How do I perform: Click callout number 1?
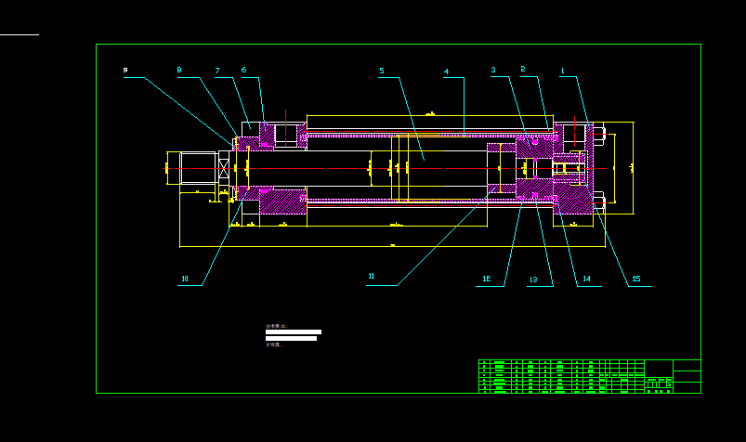click(562, 71)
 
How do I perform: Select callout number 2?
click(522, 70)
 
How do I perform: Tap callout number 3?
click(493, 71)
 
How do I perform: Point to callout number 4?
click(446, 71)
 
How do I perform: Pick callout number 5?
click(381, 71)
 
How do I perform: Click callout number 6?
click(243, 70)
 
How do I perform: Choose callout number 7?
click(217, 71)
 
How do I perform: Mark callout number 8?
click(179, 70)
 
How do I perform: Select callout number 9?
click(125, 70)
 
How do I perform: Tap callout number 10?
click(184, 279)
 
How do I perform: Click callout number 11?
click(371, 277)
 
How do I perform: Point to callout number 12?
click(486, 279)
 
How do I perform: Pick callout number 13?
click(533, 279)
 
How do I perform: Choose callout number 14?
click(585, 279)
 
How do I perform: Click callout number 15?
click(635, 279)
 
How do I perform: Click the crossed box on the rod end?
click(223, 168)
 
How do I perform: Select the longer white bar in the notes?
click(294, 331)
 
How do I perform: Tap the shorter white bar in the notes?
click(291, 338)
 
